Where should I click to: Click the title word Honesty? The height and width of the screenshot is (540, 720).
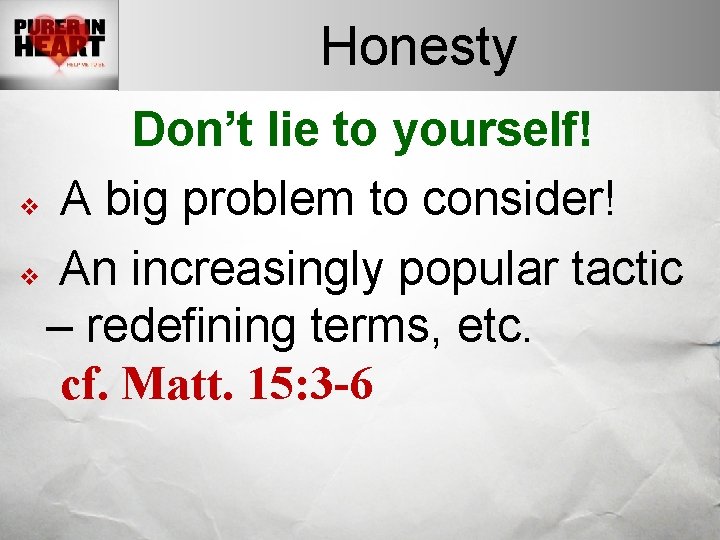pos(418,47)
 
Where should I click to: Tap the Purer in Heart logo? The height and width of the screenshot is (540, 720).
pos(59,45)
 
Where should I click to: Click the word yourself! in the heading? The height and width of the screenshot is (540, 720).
pos(495,132)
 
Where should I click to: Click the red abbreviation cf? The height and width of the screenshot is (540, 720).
pos(85,383)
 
